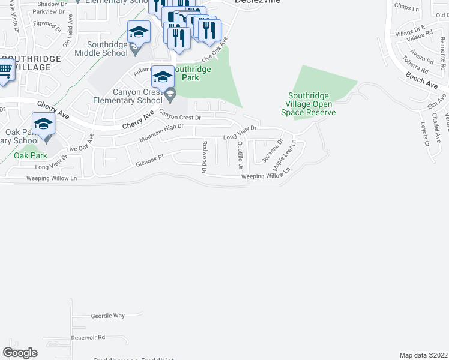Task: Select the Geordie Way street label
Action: click(x=108, y=315)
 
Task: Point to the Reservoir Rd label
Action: click(x=88, y=337)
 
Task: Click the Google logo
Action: click(x=20, y=353)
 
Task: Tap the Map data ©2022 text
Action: click(x=423, y=355)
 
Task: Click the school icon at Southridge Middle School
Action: click(x=139, y=32)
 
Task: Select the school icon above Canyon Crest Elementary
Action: click(x=163, y=77)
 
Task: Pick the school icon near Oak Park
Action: click(x=43, y=124)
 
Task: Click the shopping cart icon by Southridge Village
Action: click(x=4, y=70)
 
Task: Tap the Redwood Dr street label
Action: click(x=205, y=157)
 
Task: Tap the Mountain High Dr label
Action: click(x=161, y=133)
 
